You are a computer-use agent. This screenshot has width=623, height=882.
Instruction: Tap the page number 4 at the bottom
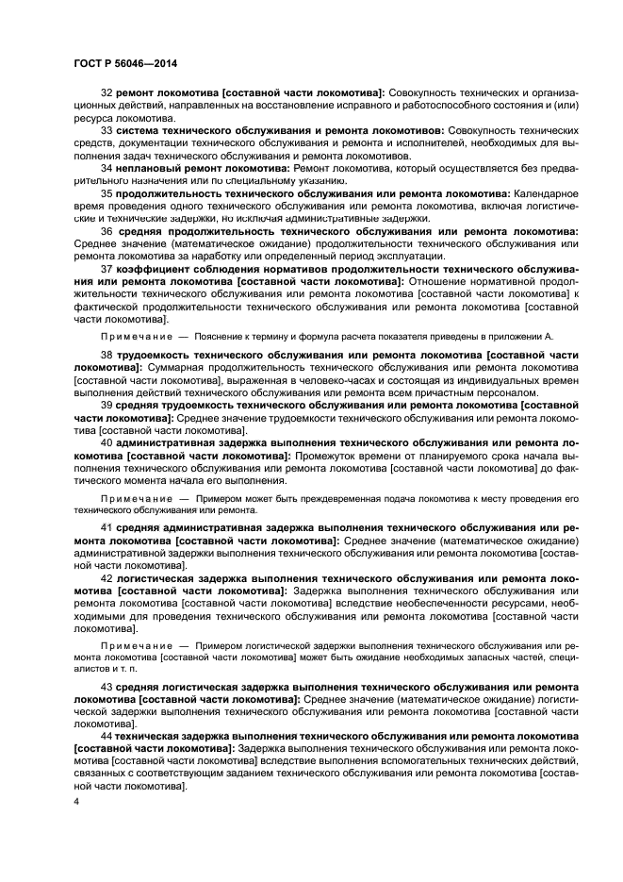(x=76, y=801)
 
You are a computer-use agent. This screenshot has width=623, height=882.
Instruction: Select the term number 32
(x=107, y=92)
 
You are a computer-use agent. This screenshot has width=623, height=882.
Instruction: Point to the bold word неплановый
(x=151, y=166)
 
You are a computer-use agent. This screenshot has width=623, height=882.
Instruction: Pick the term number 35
(x=107, y=192)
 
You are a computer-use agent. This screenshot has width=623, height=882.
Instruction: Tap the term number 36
(x=107, y=231)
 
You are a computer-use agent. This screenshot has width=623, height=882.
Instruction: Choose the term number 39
(x=107, y=406)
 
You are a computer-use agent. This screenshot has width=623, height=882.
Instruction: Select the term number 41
(x=107, y=527)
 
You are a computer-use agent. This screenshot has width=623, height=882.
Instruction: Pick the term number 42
(x=107, y=577)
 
